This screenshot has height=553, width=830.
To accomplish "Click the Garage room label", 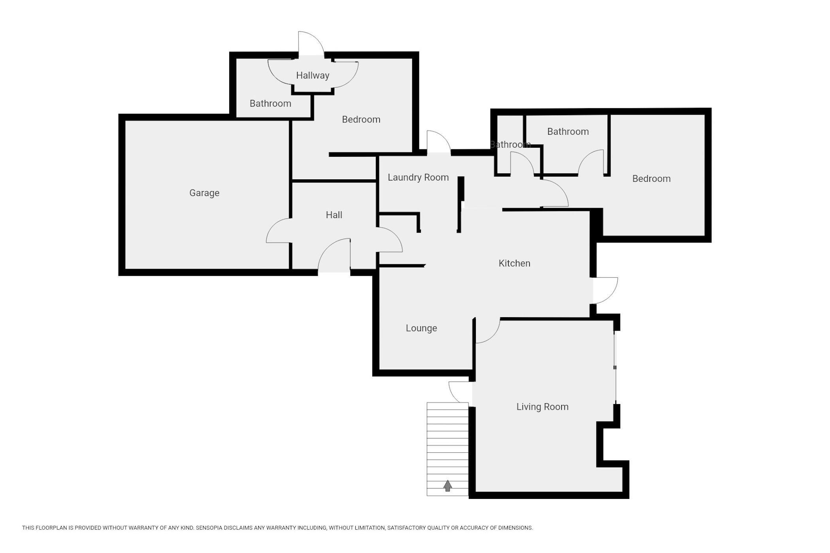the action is coord(204,193).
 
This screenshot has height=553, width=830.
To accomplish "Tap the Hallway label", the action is coord(313,75).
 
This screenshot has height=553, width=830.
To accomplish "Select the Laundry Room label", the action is coord(418,177).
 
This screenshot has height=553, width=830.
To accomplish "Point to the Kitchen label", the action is coord(514,263).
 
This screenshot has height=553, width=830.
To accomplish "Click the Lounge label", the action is coord(421,328).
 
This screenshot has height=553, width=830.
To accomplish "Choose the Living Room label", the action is coord(542,407).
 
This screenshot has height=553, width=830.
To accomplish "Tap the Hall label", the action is coord(334,215).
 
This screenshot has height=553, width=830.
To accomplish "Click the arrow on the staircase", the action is coord(447,486).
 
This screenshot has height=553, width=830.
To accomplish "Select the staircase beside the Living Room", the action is coord(447,449).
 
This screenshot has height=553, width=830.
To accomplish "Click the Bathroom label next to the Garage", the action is coord(270,103).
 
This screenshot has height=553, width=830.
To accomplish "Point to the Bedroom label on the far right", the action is coord(651,179).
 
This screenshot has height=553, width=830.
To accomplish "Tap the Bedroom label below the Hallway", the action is coord(361,119).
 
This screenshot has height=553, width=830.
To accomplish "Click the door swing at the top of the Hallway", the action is coord(311,43).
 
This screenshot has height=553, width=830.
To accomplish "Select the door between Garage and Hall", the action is coord(279,231).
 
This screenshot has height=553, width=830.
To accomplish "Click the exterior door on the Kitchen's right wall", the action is coord(605,291).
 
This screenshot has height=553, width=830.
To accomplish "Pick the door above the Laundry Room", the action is coord(439,141).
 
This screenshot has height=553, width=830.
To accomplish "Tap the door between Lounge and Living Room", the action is coord(488,331).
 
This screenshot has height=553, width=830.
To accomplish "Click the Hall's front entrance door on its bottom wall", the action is coord(334,255).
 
